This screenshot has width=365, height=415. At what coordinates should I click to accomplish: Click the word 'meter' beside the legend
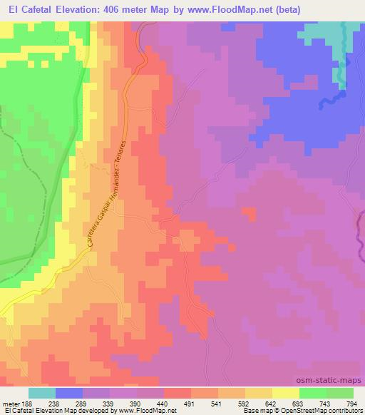(12, 403)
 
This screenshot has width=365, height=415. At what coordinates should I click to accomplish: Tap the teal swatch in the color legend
(41, 393)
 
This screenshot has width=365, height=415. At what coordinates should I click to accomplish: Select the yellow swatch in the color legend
(285, 393)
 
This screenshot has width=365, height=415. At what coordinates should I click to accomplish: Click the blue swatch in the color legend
(68, 393)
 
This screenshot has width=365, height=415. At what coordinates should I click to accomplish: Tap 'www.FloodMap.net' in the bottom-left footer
(148, 411)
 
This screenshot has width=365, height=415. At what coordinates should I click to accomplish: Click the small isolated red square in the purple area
(250, 213)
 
